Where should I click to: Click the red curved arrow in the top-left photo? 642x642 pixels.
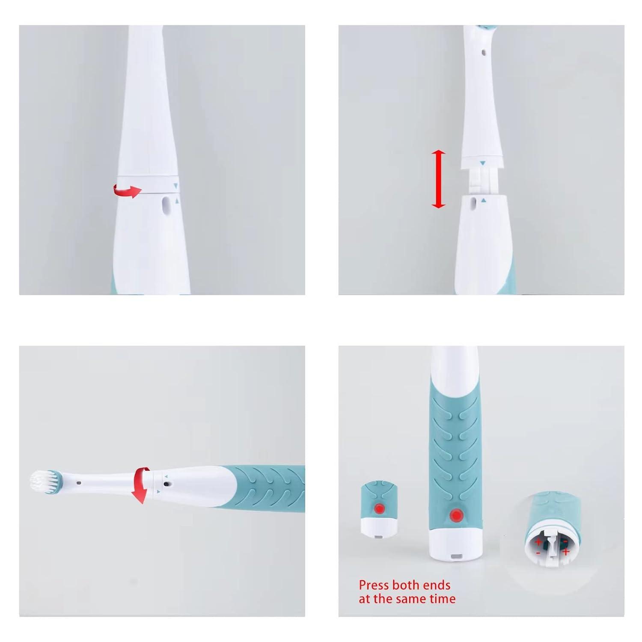point(127,190)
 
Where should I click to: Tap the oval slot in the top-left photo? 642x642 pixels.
point(166,205)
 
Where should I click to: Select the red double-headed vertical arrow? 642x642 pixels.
point(438,179)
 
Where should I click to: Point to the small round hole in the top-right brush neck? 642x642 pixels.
point(483,53)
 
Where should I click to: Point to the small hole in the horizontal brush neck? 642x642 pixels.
point(79,483)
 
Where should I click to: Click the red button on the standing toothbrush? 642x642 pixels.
point(457,516)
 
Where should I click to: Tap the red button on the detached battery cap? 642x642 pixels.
point(379,509)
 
